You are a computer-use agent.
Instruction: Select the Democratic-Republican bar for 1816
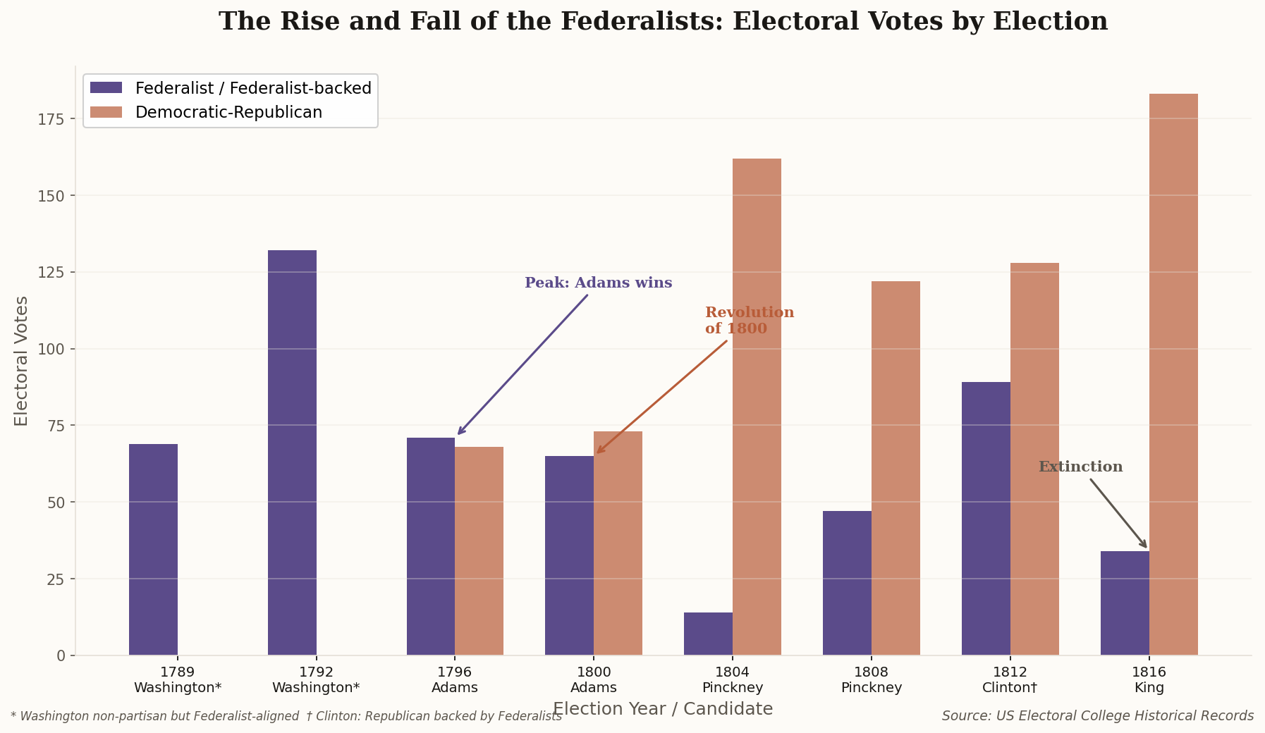click(1173, 374)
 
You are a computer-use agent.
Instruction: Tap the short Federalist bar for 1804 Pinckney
click(708, 634)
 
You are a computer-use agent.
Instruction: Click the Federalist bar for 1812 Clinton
click(986, 519)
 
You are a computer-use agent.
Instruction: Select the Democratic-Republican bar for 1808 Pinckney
click(896, 468)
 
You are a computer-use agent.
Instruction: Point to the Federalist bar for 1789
click(153, 549)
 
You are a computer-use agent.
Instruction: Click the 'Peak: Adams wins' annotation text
click(598, 283)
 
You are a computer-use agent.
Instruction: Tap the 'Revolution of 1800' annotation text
click(749, 321)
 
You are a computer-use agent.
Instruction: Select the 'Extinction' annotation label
click(1080, 467)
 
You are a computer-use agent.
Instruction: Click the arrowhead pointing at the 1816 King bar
click(1144, 544)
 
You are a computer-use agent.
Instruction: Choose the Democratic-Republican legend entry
click(228, 113)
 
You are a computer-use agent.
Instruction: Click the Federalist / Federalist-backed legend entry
click(252, 89)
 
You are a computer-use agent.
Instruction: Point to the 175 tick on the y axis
click(51, 119)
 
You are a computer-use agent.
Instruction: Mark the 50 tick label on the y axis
click(56, 503)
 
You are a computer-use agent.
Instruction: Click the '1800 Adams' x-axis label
click(594, 680)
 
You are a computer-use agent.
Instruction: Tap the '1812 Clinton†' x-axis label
click(1010, 680)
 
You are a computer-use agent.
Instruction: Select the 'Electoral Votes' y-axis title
click(22, 361)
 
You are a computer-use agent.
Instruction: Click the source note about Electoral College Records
click(1097, 716)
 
